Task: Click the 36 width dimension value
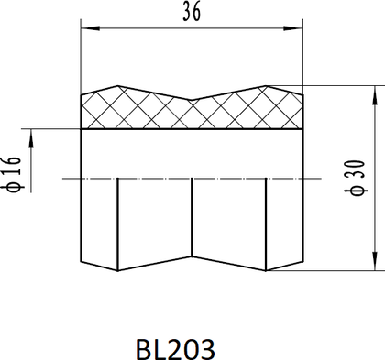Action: tap(192, 11)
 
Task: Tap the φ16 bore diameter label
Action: tap(13, 175)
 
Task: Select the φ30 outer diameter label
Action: tap(357, 178)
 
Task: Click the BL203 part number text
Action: tap(175, 349)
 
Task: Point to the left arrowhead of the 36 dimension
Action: tap(90, 28)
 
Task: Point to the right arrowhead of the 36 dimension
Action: tap(293, 28)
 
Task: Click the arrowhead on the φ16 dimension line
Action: tap(31, 139)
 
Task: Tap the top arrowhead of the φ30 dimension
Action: tap(375, 95)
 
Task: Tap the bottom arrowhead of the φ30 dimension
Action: tap(375, 261)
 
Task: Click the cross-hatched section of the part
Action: tap(192, 113)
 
